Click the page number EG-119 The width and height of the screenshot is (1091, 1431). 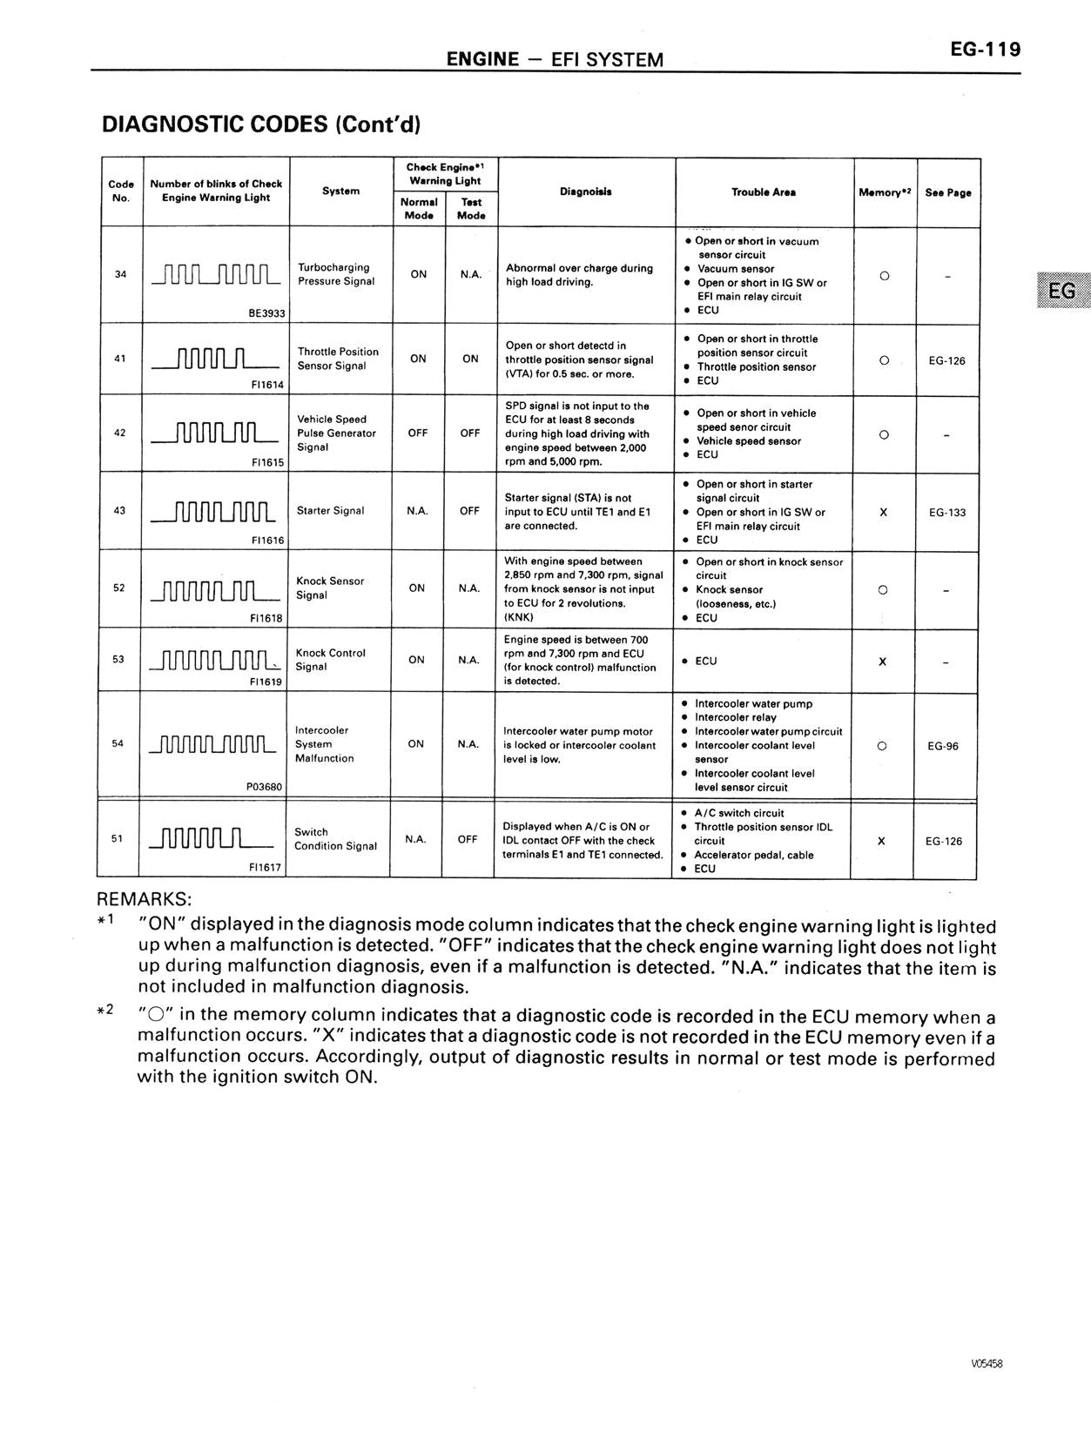pos(985,50)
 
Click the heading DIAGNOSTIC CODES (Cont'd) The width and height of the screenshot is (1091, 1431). pos(261,124)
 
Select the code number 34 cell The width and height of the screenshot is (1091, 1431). pos(120,274)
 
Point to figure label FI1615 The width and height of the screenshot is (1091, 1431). pos(267,462)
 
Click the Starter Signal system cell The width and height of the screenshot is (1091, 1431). pos(331,511)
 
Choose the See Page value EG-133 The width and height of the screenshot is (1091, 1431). pos(946,513)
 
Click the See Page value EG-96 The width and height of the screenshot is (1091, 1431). pos(943,746)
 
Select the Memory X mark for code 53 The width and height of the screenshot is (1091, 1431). pos(883,662)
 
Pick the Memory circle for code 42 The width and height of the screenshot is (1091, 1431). pos(884,434)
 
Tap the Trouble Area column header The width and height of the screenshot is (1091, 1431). pos(764,192)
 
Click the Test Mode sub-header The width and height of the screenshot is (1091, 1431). pos(471,208)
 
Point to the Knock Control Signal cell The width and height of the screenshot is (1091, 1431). pos(331,660)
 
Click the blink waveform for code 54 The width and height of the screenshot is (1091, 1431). pos(213,745)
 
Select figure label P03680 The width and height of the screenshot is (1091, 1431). pos(265,786)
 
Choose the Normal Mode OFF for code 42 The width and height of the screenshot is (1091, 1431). pos(418,433)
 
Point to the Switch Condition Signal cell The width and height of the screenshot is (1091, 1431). pos(335,839)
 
